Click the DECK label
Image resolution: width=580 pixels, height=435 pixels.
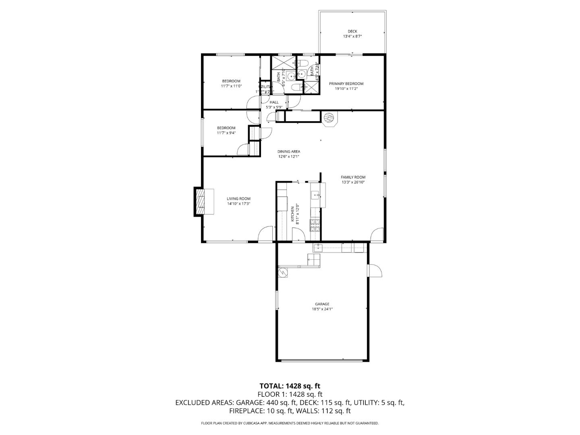pos(352,31)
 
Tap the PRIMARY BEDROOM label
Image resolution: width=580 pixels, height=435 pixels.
pos(346,84)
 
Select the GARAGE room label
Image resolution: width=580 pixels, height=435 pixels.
pos(322,304)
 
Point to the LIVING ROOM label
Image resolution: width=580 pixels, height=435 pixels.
pos(238,199)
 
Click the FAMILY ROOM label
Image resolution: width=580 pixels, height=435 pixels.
pos(353,177)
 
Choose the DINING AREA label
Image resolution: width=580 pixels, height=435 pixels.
pos(288,151)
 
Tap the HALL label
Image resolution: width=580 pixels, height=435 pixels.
pos(274,102)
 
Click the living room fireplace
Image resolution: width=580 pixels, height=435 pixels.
pos(200,202)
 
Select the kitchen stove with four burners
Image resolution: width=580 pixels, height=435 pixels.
pos(315,225)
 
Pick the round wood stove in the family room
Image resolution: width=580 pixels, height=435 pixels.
pos(329,118)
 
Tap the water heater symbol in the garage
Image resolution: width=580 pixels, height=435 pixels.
pos(284,273)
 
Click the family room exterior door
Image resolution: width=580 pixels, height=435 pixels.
pos(377,235)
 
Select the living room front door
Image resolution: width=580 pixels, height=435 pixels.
pos(266,234)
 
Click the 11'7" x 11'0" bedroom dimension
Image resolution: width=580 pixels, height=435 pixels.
pos(231,86)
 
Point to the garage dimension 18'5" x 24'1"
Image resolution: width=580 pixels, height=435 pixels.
pos(322,309)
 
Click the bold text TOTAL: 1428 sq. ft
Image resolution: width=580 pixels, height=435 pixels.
pos(290,386)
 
